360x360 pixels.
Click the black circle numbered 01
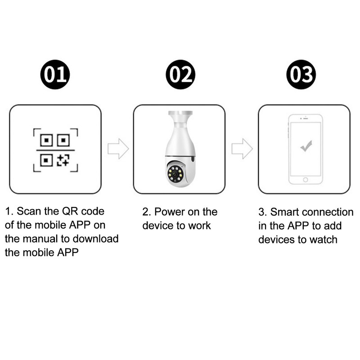pos(55,74)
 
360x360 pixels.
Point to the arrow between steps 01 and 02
pos(118,149)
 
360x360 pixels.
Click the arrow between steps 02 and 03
pos(242,149)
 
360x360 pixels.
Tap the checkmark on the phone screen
pos(306,146)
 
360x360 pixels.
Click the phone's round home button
pos(306,180)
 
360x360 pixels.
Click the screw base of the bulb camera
pos(179,117)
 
